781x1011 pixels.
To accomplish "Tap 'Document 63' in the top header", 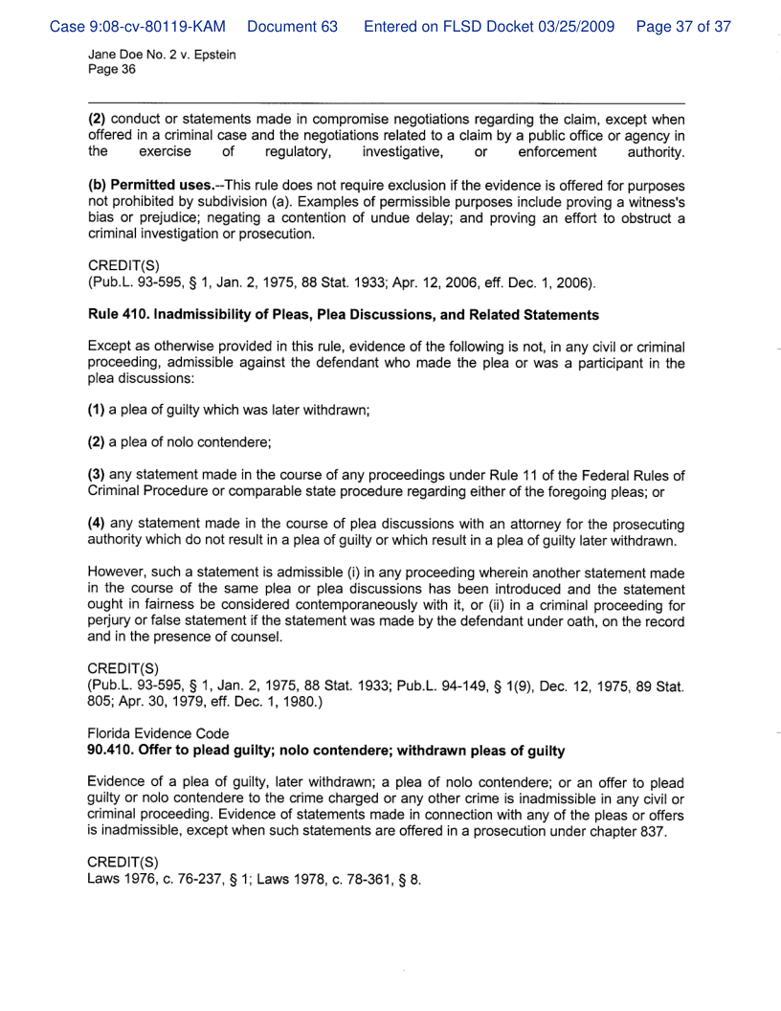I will tap(292, 27).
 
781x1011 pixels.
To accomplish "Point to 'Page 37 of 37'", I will tap(683, 27).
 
